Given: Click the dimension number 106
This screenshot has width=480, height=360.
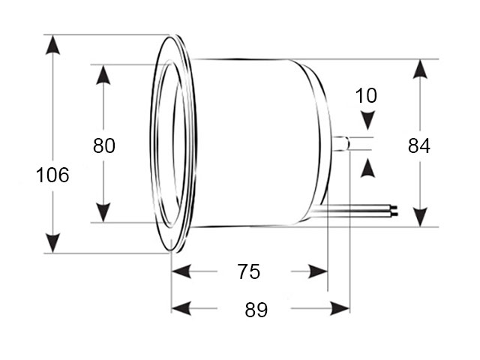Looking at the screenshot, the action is tap(52, 175).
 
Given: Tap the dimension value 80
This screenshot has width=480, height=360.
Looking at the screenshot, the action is tap(104, 145).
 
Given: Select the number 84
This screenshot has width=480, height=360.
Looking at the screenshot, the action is tap(419, 145).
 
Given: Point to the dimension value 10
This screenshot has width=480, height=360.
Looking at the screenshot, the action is tap(366, 95).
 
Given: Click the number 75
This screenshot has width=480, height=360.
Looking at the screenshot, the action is tap(248, 271).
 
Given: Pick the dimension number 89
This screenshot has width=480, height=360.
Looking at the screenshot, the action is tap(256, 310).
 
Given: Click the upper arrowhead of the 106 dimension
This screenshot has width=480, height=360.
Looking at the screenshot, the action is tap(52, 45).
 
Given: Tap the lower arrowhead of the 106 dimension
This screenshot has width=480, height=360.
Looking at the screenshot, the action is tap(52, 243).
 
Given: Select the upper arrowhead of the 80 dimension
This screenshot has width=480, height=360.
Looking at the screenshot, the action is tap(103, 75).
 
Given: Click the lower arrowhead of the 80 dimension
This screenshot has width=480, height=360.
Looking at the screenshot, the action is tap(103, 212).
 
